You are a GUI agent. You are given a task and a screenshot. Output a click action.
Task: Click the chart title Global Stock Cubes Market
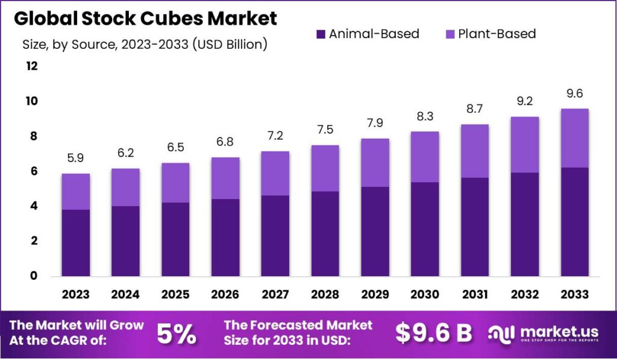145,19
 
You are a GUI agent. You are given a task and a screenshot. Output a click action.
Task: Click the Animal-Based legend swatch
320,34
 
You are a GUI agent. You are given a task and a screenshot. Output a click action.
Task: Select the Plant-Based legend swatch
449,34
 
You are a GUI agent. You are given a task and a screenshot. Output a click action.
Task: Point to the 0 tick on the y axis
34,276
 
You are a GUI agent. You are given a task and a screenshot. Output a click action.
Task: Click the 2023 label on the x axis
75,294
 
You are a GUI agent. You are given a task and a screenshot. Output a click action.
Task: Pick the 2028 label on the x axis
325,294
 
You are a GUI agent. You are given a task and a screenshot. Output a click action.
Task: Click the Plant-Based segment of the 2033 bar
574,138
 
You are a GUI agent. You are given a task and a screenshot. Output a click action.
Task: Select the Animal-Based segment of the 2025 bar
175,239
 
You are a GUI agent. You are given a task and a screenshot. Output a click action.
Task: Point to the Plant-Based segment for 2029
375,163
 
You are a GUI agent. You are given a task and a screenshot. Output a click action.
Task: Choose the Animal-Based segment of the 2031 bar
474,227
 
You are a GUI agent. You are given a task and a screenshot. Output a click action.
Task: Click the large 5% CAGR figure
176,333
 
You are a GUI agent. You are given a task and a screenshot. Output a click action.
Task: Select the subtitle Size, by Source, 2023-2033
145,44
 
